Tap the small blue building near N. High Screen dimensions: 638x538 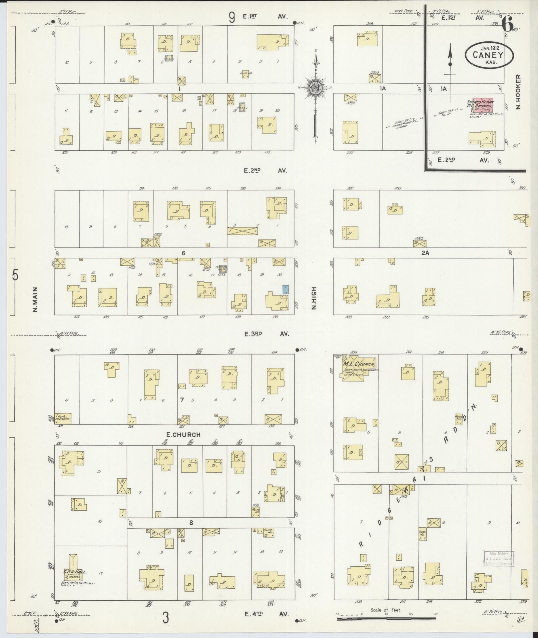pyautogui.click(x=286, y=289)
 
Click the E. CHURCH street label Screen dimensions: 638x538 pyautogui.click(x=183, y=435)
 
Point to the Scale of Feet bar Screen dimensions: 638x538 pyautogui.click(x=386, y=619)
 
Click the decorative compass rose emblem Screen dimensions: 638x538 pyautogui.click(x=315, y=88)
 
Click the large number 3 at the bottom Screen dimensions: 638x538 pyautogui.click(x=165, y=618)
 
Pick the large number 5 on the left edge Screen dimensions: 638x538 pyautogui.click(x=15, y=275)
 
